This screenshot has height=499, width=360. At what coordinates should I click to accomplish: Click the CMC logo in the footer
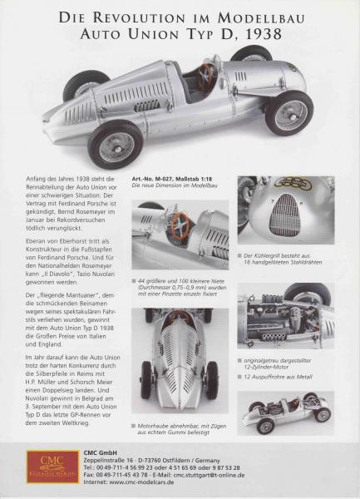tap(52, 467)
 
